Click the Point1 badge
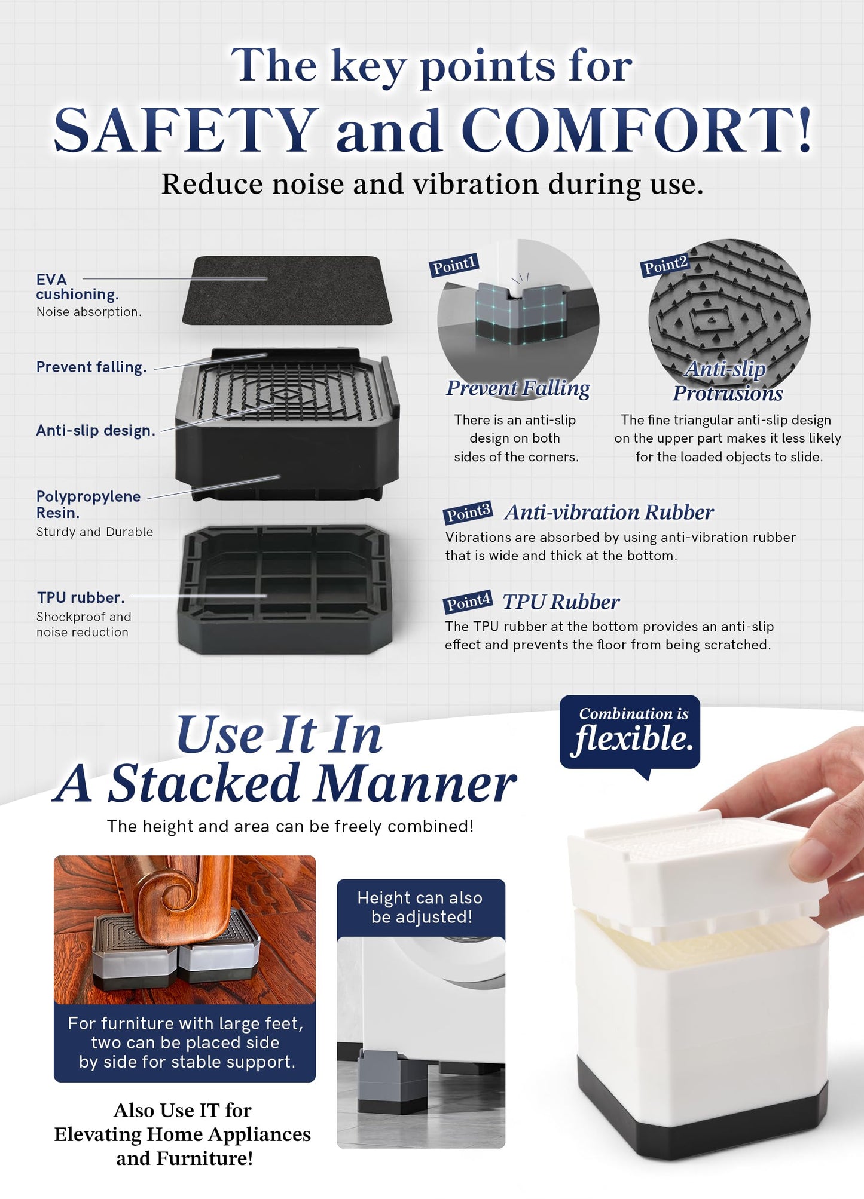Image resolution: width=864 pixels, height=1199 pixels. (x=454, y=265)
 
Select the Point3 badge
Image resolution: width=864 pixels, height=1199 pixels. (x=468, y=513)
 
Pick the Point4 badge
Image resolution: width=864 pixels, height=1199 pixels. (x=468, y=602)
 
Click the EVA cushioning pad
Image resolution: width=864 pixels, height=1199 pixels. (x=287, y=290)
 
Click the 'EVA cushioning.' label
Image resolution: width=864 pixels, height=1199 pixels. (x=77, y=287)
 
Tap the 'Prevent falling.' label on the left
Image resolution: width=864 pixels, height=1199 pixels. (x=91, y=367)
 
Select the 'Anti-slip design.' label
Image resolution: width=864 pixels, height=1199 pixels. (x=96, y=430)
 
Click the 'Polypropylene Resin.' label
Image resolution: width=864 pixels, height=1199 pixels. (x=88, y=504)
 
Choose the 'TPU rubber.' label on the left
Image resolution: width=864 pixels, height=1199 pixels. (x=81, y=597)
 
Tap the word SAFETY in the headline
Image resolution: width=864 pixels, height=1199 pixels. (x=186, y=130)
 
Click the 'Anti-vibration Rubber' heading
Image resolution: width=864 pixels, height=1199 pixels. (x=609, y=512)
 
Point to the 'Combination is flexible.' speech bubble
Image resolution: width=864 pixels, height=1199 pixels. (x=630, y=732)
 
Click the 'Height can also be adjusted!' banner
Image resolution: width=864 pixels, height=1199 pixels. (x=421, y=907)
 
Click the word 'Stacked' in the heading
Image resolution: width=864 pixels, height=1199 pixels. (x=203, y=783)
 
